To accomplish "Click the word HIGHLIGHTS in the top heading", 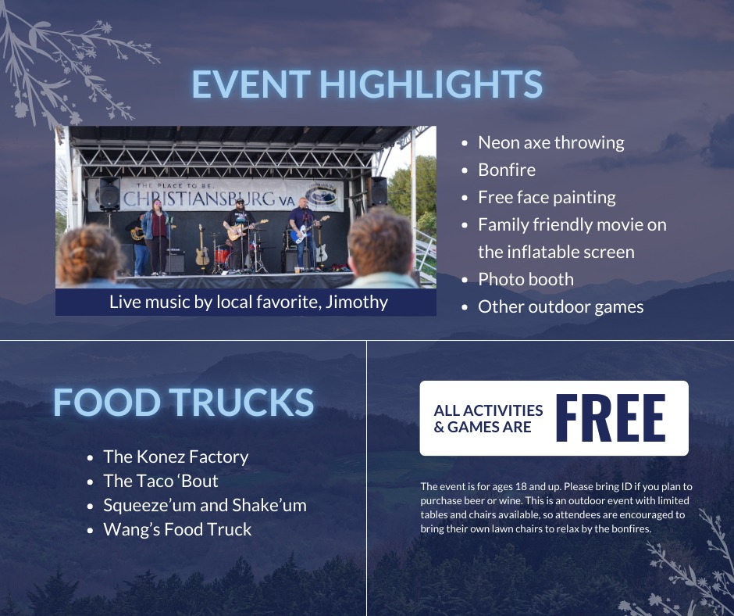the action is [431, 84].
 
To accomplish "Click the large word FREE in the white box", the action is [611, 417].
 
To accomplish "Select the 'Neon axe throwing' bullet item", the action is [551, 143].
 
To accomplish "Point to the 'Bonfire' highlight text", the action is [507, 170].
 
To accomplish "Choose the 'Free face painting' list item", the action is [547, 197].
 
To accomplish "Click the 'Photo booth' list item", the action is [526, 279].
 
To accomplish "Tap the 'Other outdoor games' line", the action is [561, 307].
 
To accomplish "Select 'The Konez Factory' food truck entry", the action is [176, 457].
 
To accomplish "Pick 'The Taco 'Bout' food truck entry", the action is [161, 481].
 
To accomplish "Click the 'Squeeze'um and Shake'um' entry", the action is [205, 505].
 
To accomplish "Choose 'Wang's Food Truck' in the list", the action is [177, 530].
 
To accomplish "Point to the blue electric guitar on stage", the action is [308, 229].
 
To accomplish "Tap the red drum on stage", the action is [222, 256].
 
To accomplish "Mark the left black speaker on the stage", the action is [109, 194].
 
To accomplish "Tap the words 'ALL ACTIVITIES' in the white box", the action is [488, 410].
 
